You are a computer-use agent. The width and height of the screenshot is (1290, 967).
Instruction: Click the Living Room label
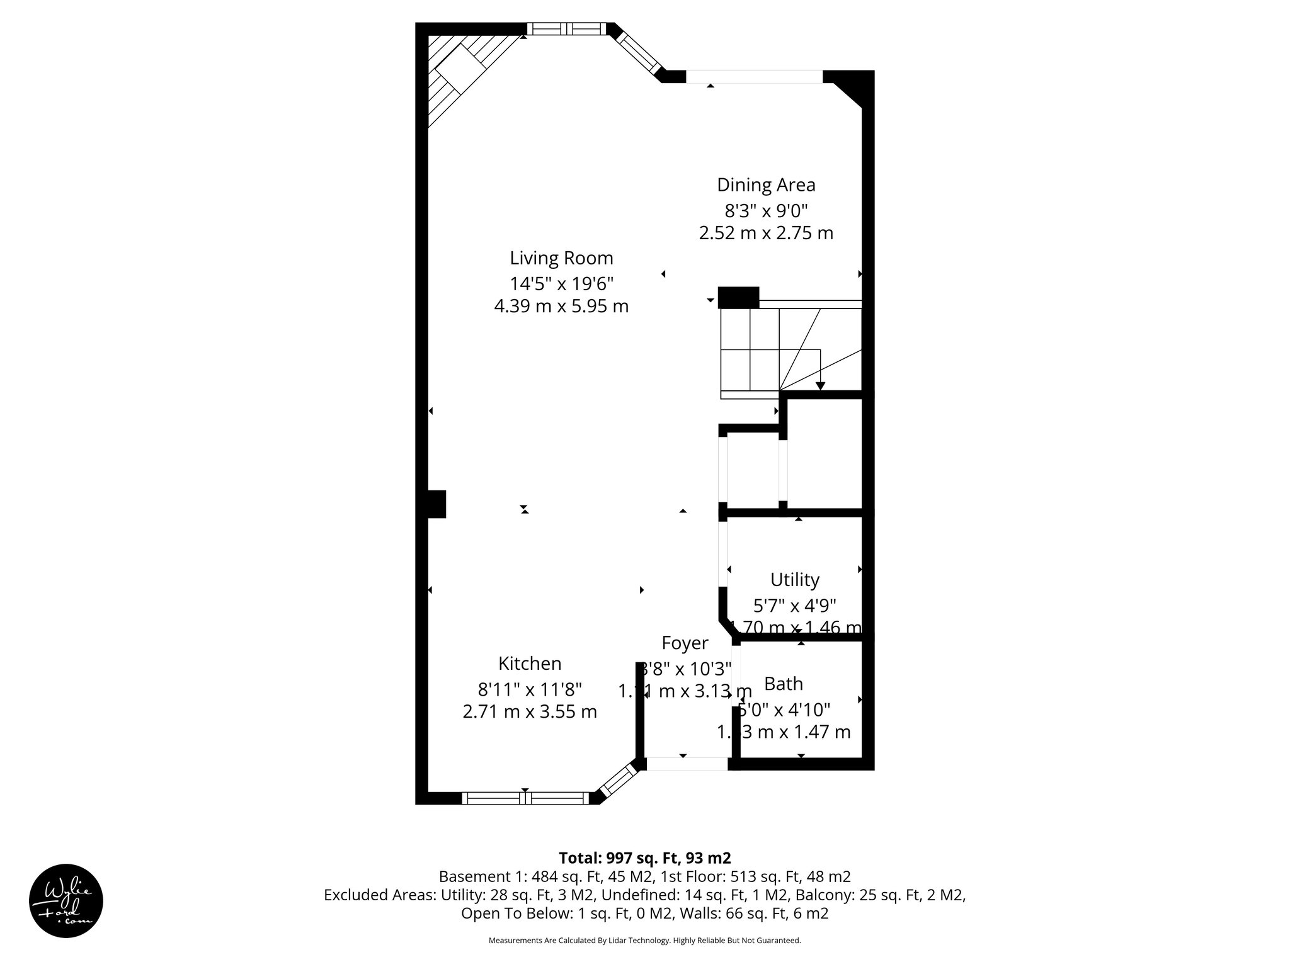tap(561, 258)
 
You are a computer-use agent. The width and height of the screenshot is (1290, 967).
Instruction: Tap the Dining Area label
tap(766, 185)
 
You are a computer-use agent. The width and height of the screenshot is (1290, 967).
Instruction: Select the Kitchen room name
tap(530, 664)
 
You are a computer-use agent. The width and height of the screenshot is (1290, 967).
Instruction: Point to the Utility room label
tap(795, 579)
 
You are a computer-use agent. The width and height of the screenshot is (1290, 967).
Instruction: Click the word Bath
tap(784, 684)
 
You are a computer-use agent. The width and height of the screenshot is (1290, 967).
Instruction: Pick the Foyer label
tap(685, 643)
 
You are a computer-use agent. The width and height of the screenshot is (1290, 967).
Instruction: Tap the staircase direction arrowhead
tap(820, 386)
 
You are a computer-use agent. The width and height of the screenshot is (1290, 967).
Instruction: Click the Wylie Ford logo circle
tap(66, 901)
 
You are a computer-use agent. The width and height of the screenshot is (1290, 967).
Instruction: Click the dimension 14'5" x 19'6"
tap(561, 283)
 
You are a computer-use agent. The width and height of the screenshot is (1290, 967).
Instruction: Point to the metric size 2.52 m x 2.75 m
tap(766, 234)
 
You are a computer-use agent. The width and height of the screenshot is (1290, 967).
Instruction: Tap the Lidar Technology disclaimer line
tap(644, 941)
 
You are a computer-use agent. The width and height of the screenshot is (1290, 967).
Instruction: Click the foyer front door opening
tap(687, 764)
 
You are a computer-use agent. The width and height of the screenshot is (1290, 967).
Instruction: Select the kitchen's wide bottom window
tap(525, 798)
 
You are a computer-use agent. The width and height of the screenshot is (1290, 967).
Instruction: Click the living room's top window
tap(566, 28)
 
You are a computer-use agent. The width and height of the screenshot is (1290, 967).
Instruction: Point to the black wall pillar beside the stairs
tap(738, 297)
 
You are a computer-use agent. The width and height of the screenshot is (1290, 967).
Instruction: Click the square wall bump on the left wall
tap(437, 504)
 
